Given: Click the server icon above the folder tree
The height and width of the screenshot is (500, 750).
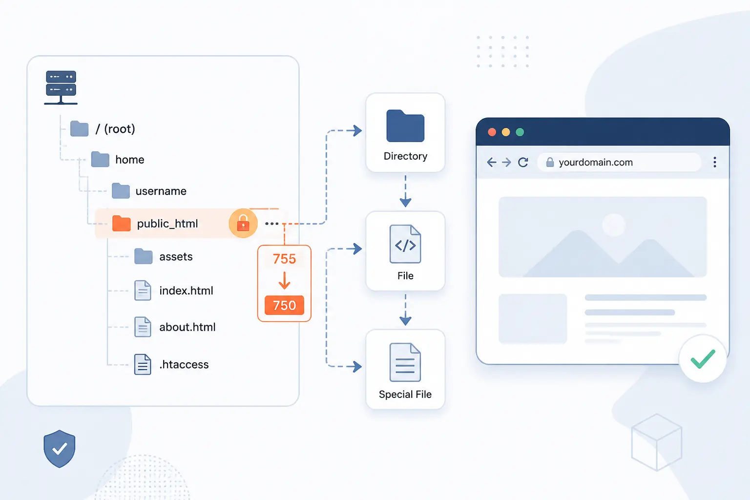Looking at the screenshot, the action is pos(61,87).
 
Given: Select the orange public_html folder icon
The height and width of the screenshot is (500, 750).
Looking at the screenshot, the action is pos(121,223).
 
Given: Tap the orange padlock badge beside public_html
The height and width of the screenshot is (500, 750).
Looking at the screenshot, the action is pos(243,223).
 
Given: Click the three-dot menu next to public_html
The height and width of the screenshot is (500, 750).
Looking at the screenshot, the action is pos(271,223).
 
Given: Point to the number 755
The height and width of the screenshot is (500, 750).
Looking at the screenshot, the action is pos(284,259).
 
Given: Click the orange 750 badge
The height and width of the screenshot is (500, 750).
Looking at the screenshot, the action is pos(284,305).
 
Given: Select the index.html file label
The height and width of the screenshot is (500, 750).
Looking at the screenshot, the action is pos(186,291).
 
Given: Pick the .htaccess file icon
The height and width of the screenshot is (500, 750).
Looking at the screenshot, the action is pos(143,364).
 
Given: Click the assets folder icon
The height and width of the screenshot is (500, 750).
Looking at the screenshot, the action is pos(143,256).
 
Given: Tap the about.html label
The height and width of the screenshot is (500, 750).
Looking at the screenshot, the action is pos(187,327).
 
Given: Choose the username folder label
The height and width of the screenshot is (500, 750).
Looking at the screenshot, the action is pos(161,191).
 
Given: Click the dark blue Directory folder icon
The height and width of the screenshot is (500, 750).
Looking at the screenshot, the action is pos(405,126).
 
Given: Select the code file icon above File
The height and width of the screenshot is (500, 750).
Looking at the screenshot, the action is pos(405,244).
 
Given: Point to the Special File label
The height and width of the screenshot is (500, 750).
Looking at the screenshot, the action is pos(405,394).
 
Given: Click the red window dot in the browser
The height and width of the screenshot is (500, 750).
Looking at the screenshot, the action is pos(492,132).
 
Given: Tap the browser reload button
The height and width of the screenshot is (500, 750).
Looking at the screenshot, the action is pos(523,163).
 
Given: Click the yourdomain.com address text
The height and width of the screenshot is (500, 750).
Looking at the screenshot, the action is pos(596,163).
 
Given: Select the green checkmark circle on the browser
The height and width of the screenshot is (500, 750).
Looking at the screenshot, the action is pos(703,358).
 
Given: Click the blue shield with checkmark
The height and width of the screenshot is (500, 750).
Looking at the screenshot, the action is pos(59,449).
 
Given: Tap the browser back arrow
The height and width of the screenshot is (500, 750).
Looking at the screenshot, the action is pos(492,163).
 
